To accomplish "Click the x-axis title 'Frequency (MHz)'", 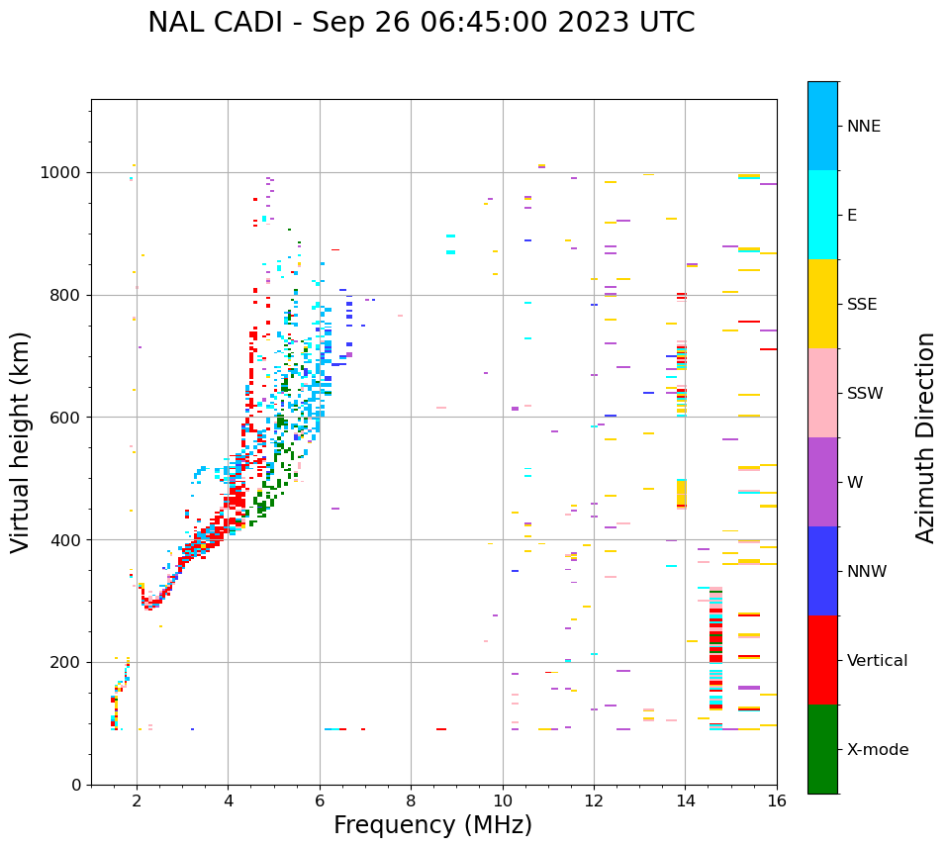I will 432,825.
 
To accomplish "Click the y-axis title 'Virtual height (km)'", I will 21,442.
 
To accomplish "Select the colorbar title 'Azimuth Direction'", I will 925,437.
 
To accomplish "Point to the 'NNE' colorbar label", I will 863,127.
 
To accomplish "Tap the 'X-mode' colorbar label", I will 877,750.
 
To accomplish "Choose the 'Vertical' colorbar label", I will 877,661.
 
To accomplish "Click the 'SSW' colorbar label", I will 865,394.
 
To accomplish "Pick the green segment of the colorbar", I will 822,749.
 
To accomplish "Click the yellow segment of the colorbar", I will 822,304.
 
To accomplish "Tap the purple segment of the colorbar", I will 822,482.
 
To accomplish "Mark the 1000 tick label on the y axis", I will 62,173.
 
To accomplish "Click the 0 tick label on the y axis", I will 75,785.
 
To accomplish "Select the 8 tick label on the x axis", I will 411,801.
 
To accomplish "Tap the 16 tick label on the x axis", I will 777,801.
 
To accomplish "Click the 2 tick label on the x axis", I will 137,801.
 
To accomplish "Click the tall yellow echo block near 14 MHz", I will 681,493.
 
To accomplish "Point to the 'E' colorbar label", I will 852,216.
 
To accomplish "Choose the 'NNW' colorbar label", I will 867,572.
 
